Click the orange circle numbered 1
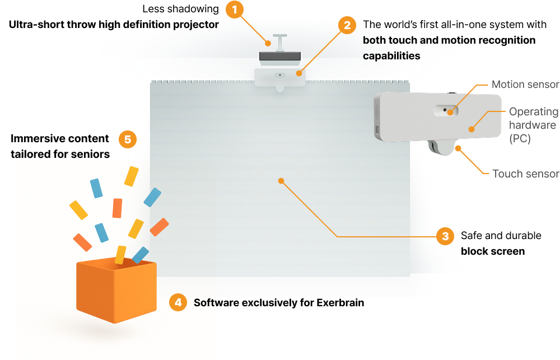(235, 10)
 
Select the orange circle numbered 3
(445, 236)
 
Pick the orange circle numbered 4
(178, 303)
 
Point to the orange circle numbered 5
(127, 139)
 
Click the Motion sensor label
(525, 85)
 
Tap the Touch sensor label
(525, 174)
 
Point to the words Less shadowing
(180, 9)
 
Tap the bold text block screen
(492, 251)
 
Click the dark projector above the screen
(279, 56)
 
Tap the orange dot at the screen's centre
(281, 181)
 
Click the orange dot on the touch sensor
(458, 148)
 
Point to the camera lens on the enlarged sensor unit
(445, 111)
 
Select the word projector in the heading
(194, 25)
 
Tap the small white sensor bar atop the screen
(280, 76)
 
